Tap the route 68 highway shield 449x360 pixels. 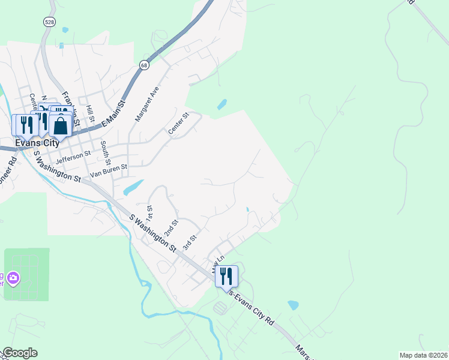144,65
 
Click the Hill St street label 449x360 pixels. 90,113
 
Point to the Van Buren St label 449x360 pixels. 109,171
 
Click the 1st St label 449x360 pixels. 149,212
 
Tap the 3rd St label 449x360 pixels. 190,242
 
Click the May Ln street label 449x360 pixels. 217,264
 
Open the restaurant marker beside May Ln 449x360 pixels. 226,275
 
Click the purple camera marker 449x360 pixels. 13,278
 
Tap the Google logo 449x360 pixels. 19,353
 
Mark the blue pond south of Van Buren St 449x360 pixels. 133,188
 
